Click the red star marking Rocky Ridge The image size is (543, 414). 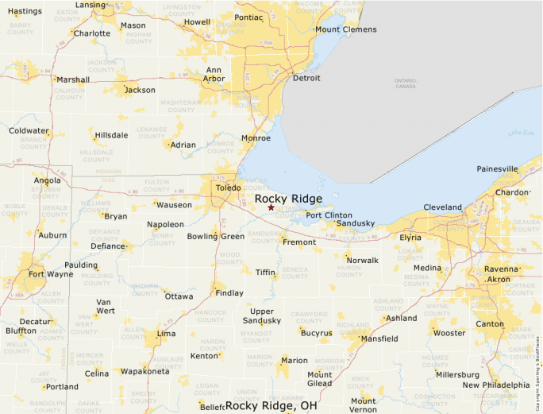point(271,207)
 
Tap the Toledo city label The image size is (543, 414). point(228,188)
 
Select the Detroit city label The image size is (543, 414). point(306,78)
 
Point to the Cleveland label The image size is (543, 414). point(442,207)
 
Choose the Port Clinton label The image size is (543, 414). point(329,215)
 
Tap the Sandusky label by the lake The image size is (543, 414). point(355,224)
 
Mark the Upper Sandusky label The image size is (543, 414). point(262,315)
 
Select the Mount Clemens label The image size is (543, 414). point(345,30)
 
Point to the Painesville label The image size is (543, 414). point(498,168)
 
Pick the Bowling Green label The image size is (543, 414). point(216,236)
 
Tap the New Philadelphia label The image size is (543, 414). point(496,385)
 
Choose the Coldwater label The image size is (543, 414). point(29,131)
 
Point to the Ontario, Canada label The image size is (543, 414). point(405,83)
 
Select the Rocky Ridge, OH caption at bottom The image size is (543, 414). point(271,405)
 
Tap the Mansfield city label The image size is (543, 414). point(379,339)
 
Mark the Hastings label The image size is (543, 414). point(25,11)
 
